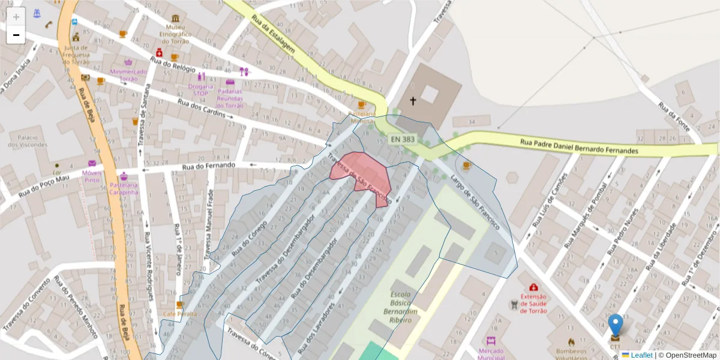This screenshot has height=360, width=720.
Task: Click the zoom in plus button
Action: click(x=16, y=16)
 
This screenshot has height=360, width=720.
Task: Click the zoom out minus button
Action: click(x=16, y=35)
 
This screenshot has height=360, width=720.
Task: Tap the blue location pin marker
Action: click(x=616, y=326)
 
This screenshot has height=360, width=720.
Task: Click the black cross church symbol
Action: click(x=413, y=101)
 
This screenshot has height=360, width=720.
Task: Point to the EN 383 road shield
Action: click(x=402, y=139)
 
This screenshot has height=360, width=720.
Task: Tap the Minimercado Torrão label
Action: click(x=128, y=75)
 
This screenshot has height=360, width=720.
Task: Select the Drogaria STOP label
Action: click(x=201, y=90)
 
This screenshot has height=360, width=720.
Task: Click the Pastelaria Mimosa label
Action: click(x=362, y=117)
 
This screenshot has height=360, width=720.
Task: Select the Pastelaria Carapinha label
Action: click(x=124, y=189)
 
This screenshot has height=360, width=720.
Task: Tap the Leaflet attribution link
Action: click(x=641, y=355)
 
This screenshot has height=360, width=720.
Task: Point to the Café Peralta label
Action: click(x=179, y=314)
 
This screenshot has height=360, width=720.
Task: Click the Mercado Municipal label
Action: click(x=491, y=354)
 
